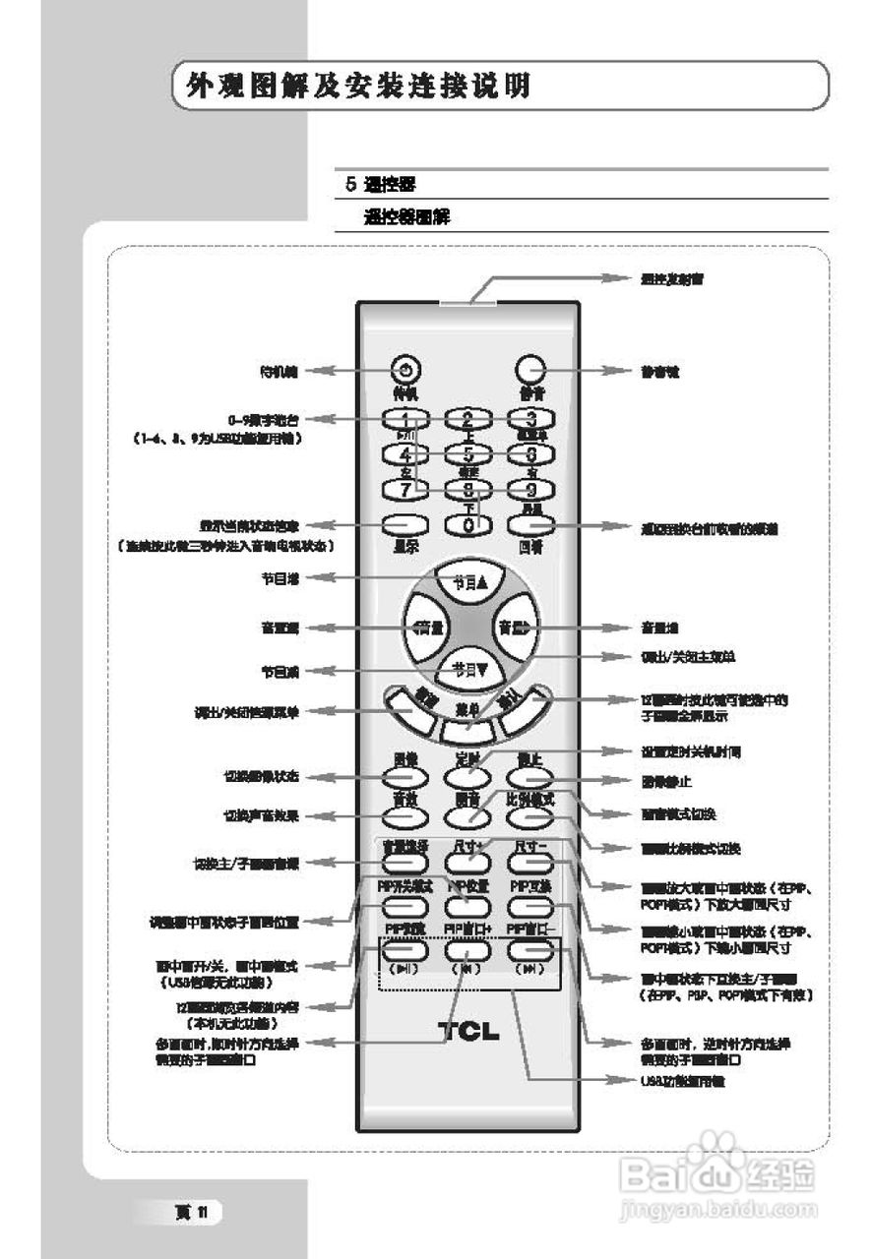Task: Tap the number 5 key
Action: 468,453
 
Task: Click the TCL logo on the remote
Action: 468,1032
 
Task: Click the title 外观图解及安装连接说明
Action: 351,86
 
